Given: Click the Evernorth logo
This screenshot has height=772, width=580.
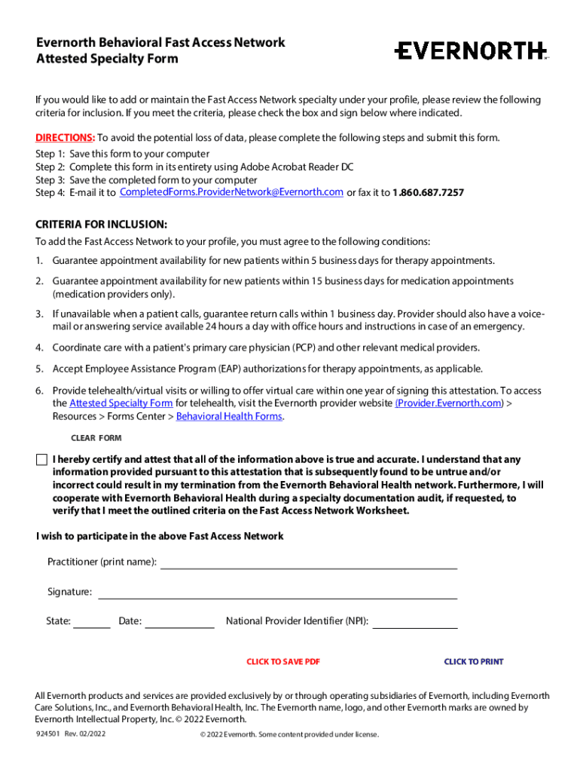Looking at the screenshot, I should (471, 51).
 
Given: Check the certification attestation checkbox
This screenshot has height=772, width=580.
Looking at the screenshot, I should (41, 460).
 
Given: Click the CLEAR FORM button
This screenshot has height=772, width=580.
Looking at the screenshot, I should (96, 438).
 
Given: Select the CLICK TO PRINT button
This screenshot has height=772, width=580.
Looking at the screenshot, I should (473, 662).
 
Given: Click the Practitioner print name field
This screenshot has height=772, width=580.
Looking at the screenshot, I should (309, 562).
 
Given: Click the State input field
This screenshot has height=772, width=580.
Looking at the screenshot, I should (92, 622).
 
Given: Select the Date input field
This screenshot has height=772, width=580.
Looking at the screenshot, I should (179, 622).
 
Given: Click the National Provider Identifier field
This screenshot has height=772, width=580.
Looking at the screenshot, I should (415, 622).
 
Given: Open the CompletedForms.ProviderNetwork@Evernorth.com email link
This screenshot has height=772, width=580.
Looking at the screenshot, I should (232, 192).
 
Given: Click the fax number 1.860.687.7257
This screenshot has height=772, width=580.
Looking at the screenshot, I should (428, 193).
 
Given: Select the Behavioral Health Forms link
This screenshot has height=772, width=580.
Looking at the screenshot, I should (229, 416).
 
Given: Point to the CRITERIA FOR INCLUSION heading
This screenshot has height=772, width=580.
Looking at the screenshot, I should (102, 225).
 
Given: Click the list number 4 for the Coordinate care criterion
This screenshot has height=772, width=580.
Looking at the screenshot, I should (39, 348).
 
